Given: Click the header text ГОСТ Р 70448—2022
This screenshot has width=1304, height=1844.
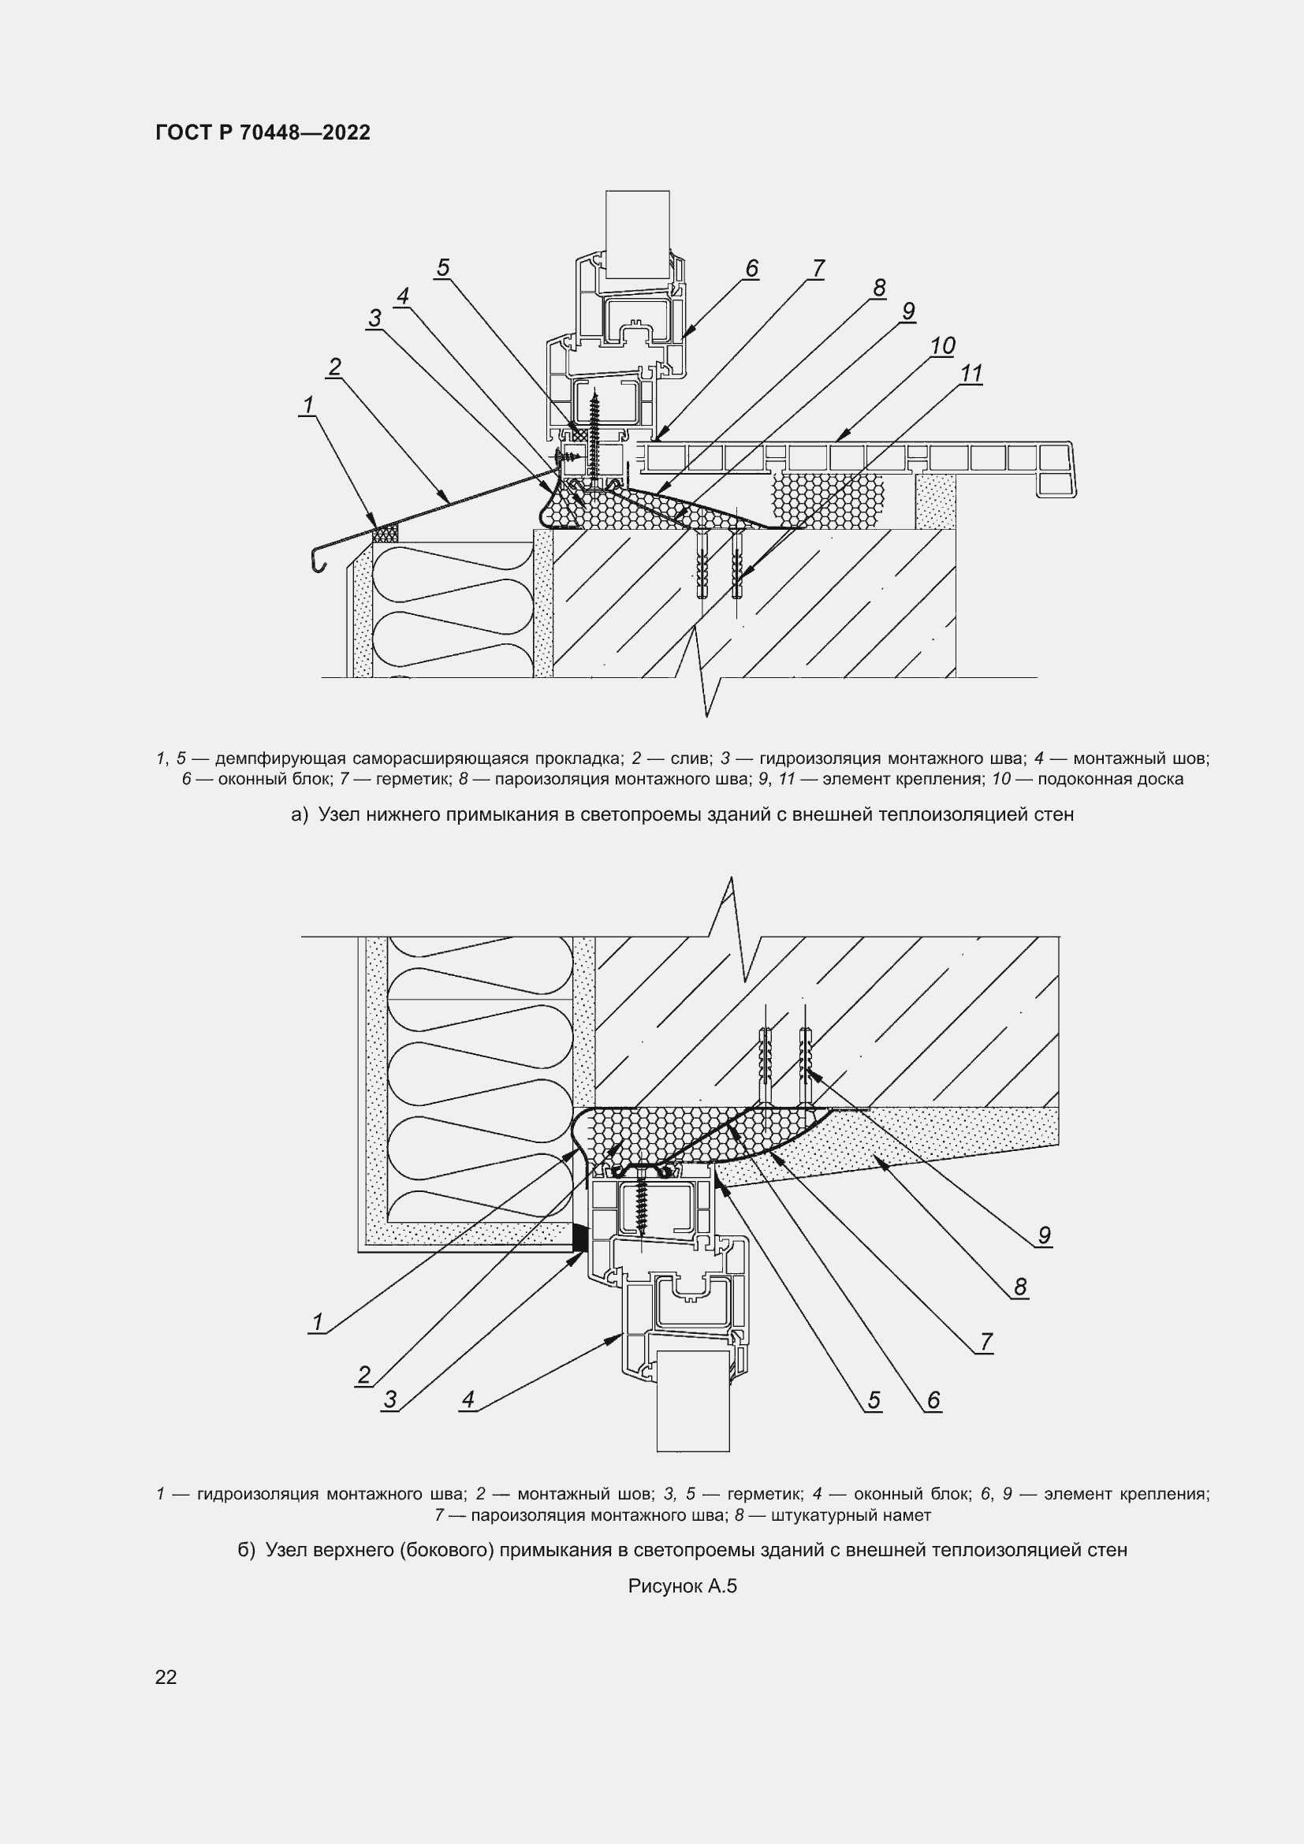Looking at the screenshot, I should coord(263,132).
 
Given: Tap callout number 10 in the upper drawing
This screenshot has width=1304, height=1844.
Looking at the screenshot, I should coord(942,345).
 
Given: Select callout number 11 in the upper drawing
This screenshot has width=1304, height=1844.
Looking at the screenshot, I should coord(971,374).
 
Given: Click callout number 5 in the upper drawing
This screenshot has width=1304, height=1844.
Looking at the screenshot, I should coord(442,267).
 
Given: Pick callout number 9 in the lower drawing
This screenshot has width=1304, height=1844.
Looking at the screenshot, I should coord(1044,1235).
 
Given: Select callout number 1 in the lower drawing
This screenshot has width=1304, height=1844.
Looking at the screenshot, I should coord(317,1322).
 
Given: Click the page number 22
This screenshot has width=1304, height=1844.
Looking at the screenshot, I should coord(166,1677).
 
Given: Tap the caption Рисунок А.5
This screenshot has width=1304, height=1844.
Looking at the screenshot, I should coord(682,1586).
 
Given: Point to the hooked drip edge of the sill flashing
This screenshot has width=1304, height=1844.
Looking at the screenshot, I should coord(319,561).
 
